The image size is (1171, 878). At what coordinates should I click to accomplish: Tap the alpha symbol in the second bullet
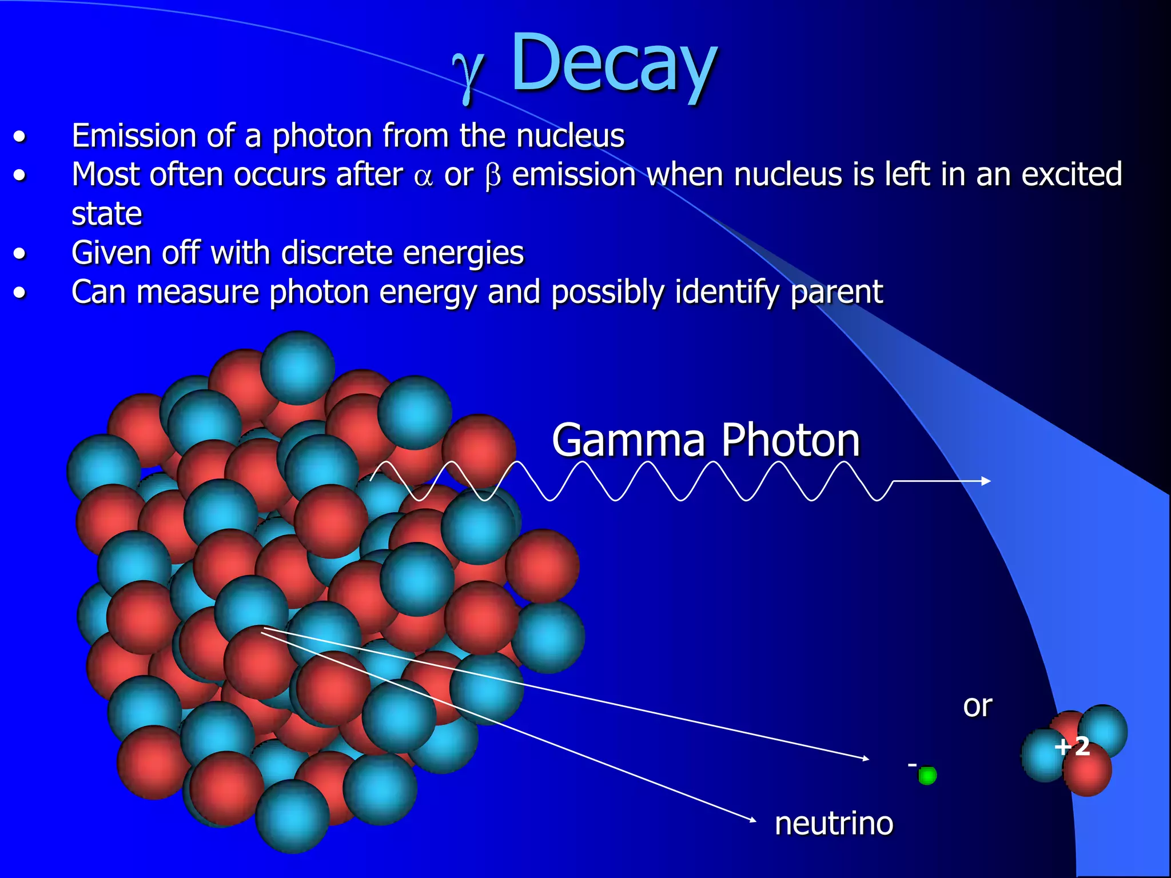click(x=423, y=177)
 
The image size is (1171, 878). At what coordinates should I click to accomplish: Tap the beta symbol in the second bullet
click(x=492, y=177)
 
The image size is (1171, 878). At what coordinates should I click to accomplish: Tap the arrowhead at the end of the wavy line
click(x=986, y=481)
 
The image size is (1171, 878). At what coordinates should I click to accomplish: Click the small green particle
click(x=927, y=776)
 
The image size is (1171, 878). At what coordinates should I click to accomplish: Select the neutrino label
click(x=834, y=824)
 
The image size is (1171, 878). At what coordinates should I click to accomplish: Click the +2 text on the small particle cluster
click(x=1072, y=747)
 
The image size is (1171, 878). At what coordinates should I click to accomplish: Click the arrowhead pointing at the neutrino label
click(x=752, y=820)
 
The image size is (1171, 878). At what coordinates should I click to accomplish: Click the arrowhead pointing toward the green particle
click(x=866, y=759)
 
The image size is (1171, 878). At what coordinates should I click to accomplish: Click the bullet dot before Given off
click(x=20, y=253)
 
